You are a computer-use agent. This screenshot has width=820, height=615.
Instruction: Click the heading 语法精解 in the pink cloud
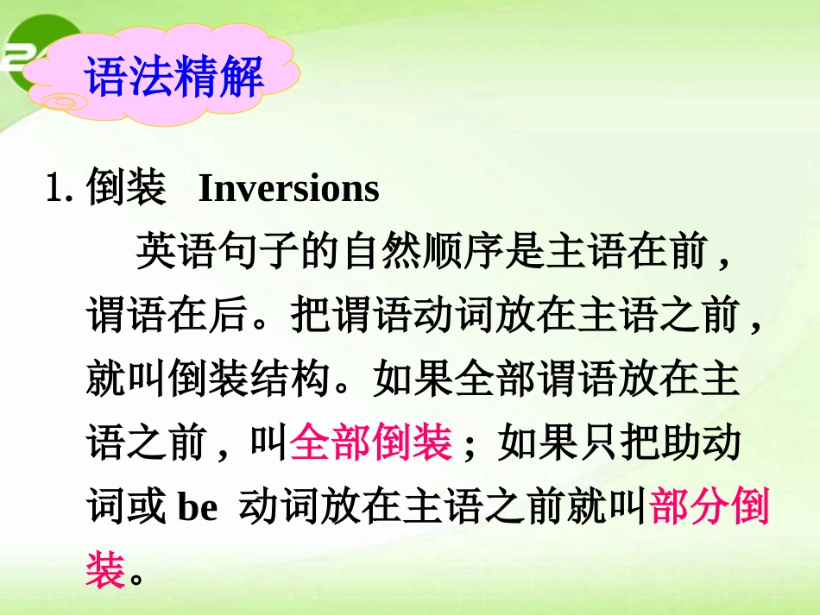coord(173,78)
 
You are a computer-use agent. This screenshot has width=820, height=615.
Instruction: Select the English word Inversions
coord(289,189)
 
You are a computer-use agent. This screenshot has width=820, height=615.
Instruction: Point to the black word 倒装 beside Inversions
coord(126,189)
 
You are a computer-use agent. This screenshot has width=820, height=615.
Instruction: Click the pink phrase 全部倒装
coord(371,443)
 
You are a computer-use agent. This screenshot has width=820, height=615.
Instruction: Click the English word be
coord(198,509)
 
